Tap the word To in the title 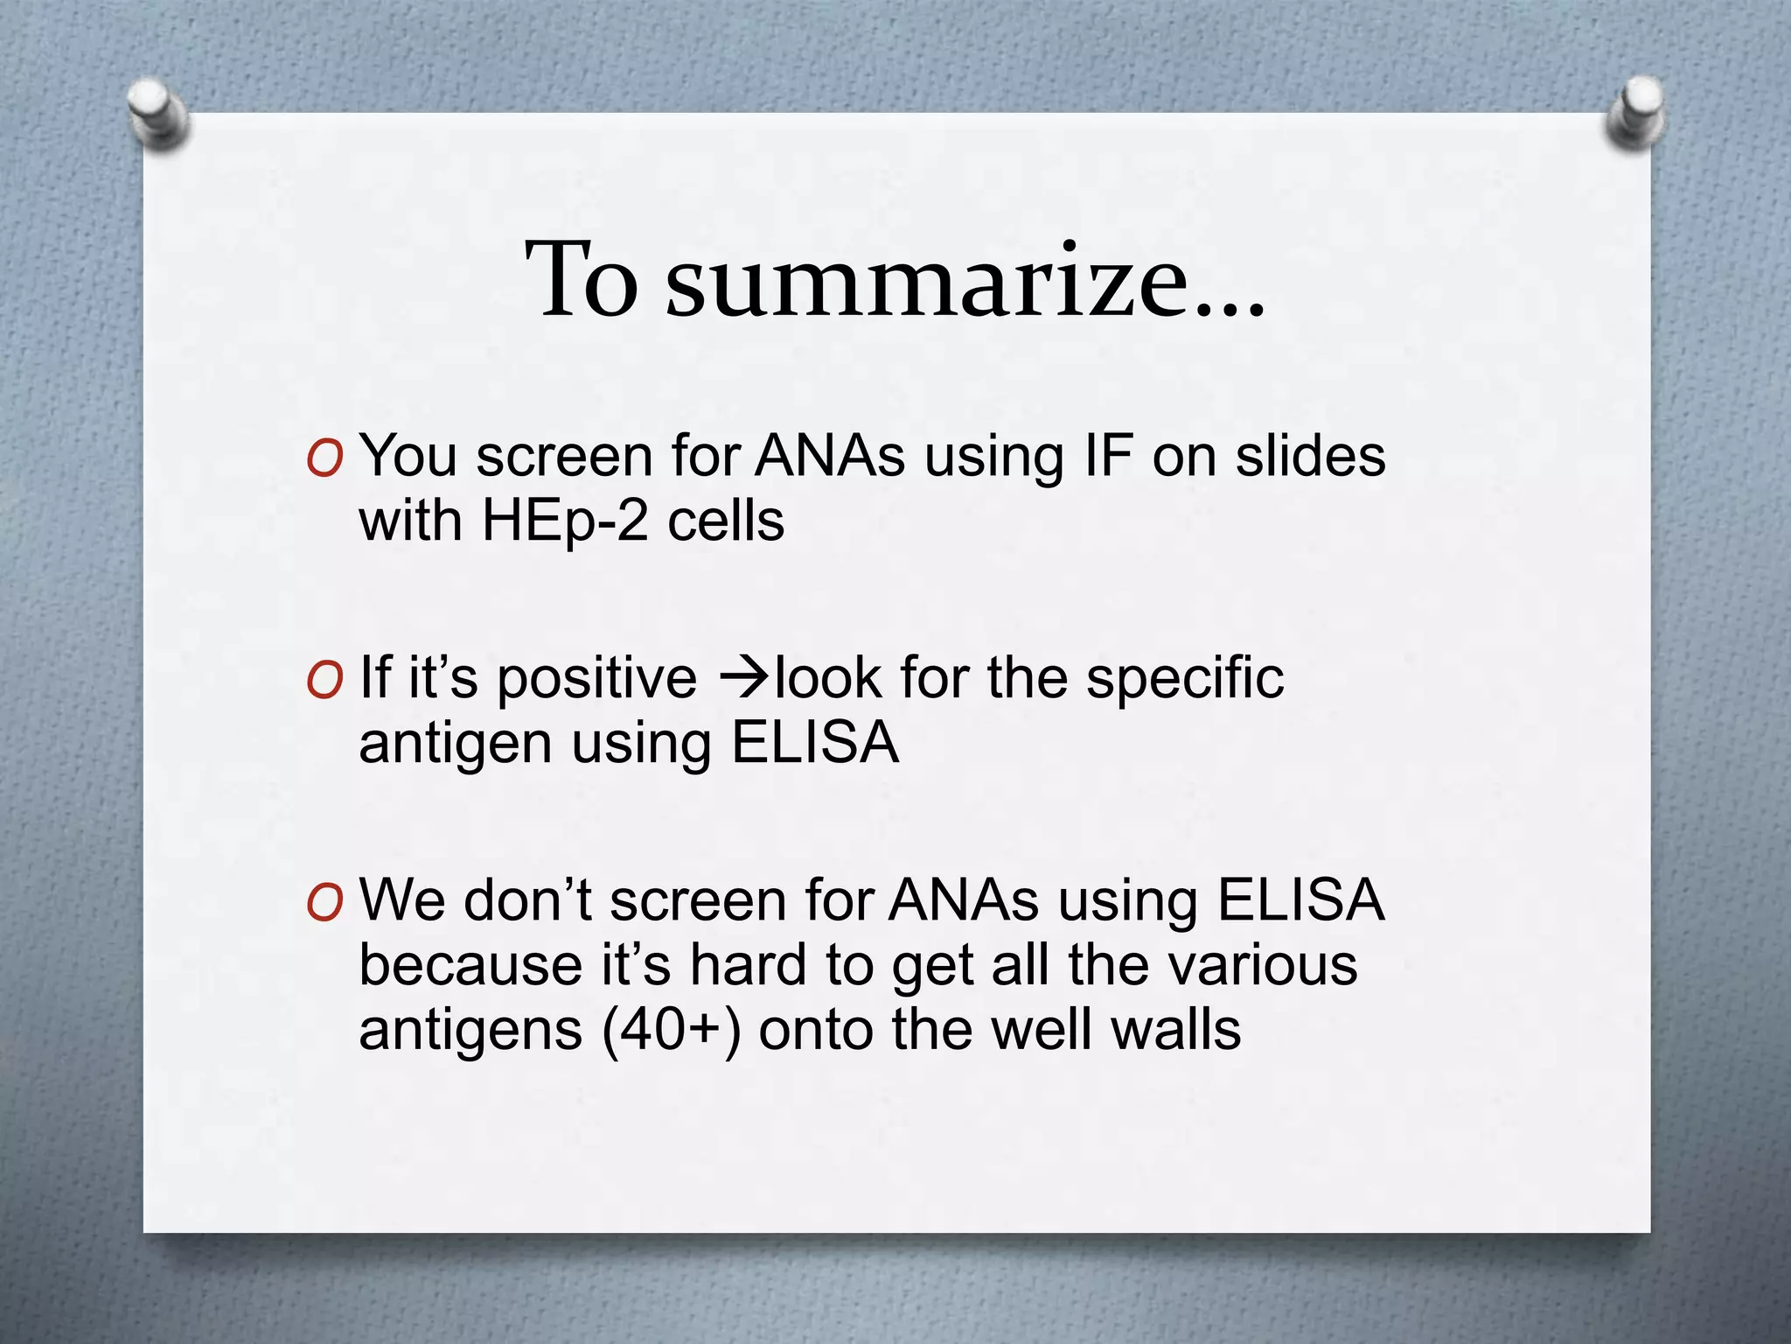[581, 280]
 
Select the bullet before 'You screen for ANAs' [324, 458]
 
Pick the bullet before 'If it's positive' [324, 681]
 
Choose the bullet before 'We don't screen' [324, 902]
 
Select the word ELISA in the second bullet [814, 743]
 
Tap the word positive [596, 679]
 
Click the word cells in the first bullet [725, 521]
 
